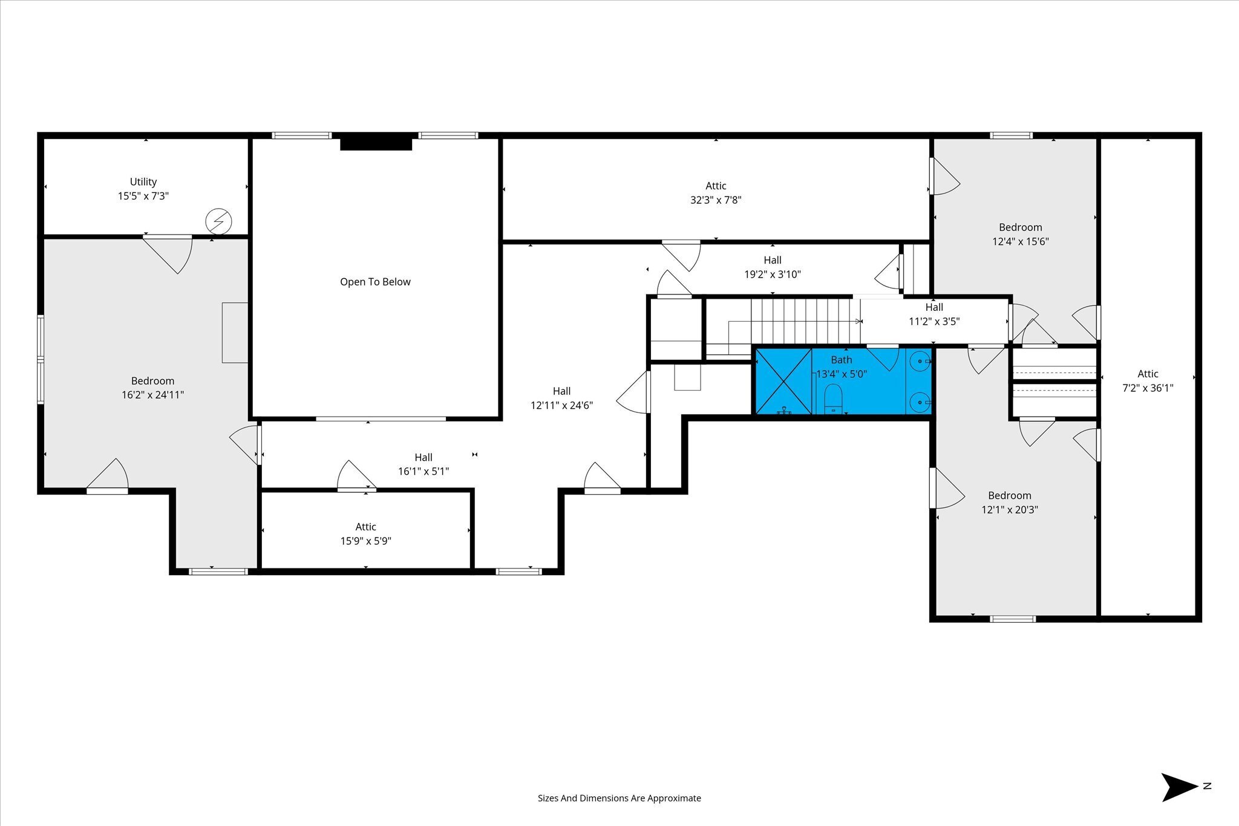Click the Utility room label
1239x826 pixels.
[x=143, y=181]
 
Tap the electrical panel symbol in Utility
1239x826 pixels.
[x=218, y=221]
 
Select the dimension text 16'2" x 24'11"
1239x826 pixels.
[x=152, y=395]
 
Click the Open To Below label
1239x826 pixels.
[x=375, y=282]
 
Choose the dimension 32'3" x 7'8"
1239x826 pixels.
[x=716, y=200]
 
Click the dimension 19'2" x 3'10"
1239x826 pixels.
[x=773, y=275]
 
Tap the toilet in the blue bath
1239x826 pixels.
[x=833, y=399]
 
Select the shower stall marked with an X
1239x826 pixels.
[x=784, y=382]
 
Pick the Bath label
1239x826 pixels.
[x=842, y=360]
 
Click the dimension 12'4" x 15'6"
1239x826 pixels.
[x=1021, y=242]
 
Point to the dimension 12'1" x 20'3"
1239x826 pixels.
[x=1010, y=510]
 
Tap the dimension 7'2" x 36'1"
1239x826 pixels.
[x=1148, y=388]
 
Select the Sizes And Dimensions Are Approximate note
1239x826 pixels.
[x=619, y=798]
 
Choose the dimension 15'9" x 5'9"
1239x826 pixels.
[x=366, y=541]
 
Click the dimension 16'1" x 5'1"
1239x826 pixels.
[x=423, y=472]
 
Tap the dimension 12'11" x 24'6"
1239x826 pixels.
[x=562, y=406]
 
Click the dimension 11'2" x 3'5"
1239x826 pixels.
[x=934, y=322]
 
